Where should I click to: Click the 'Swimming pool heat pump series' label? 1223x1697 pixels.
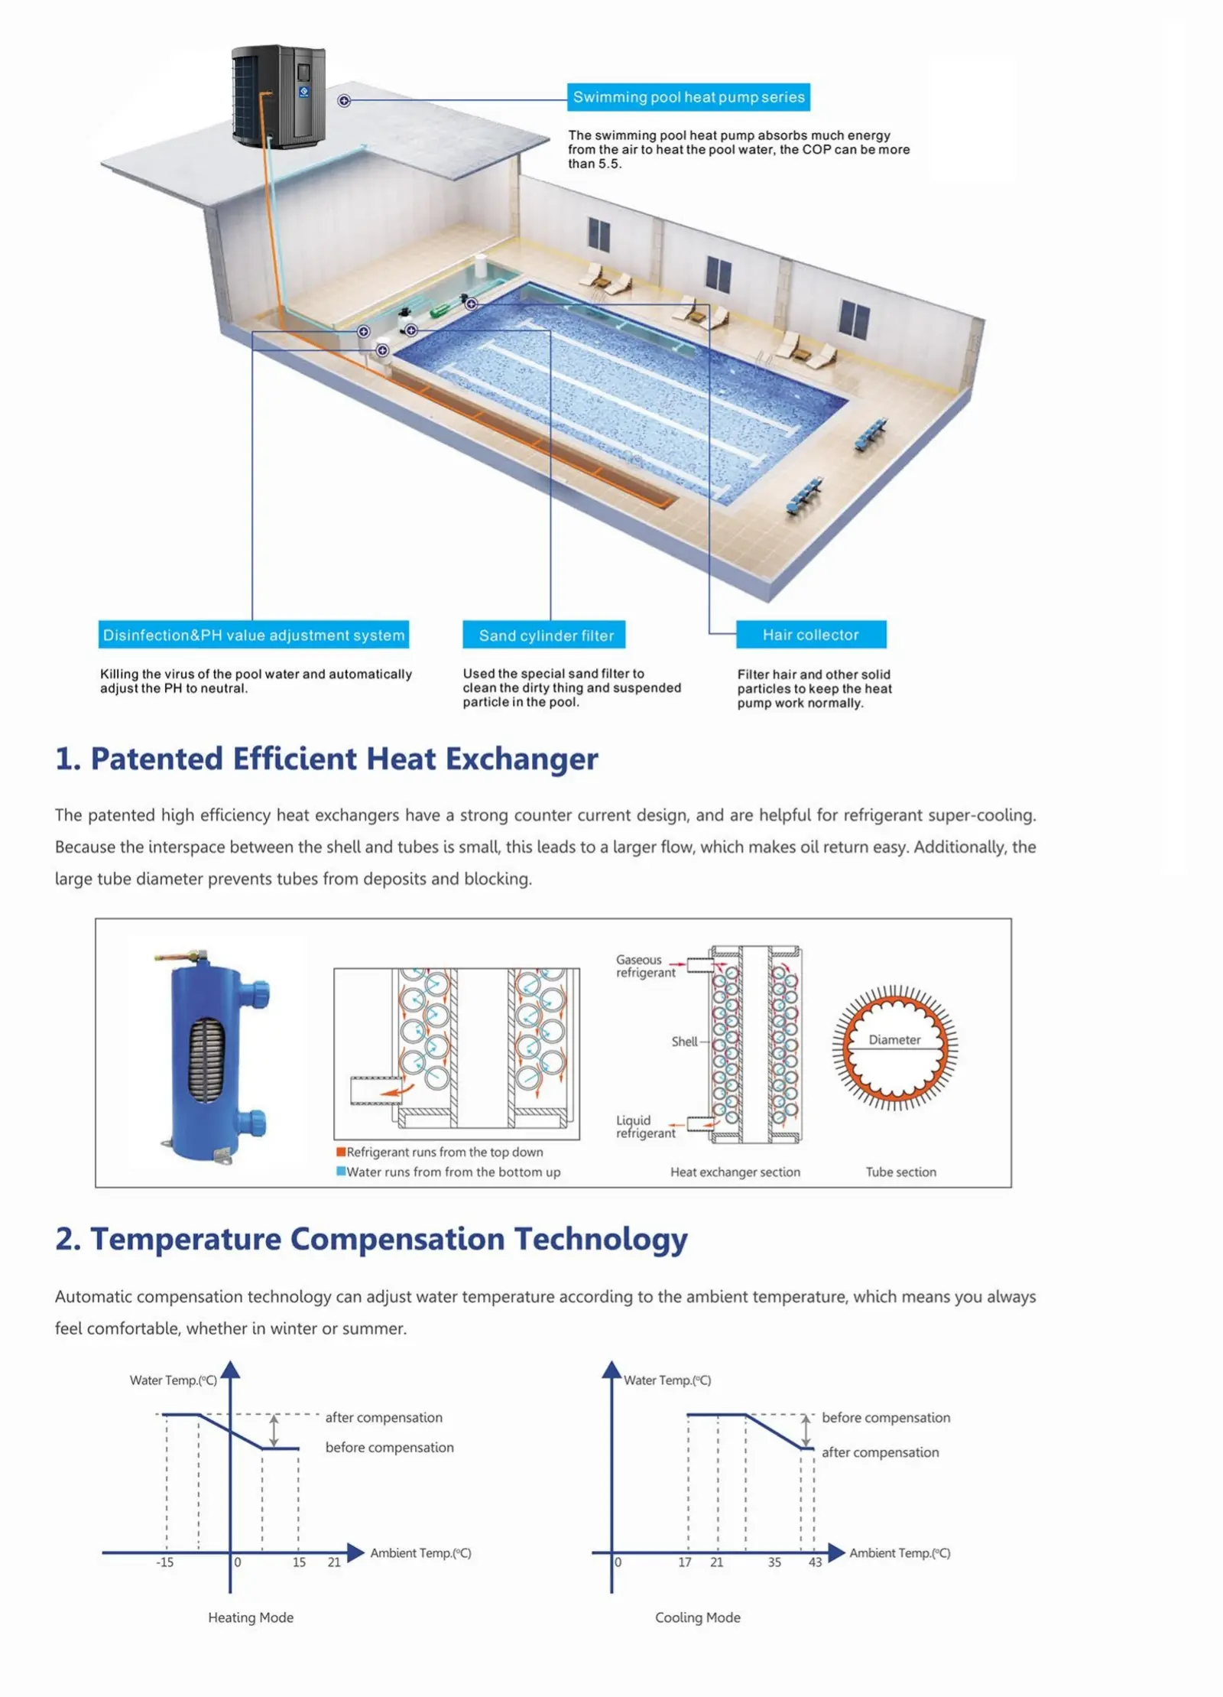click(x=688, y=97)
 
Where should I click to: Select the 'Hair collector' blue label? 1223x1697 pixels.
click(x=811, y=635)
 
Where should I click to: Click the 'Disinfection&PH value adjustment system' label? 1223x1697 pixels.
click(x=254, y=635)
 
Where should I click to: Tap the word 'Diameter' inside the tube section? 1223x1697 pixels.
click(x=894, y=1040)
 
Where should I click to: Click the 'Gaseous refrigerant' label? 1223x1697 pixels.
click(x=646, y=966)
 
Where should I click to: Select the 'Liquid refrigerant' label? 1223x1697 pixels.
click(x=646, y=1126)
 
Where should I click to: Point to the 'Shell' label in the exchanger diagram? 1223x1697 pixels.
click(x=684, y=1042)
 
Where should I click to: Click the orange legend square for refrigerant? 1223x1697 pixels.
click(x=341, y=1152)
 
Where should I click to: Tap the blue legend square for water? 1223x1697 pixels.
click(x=341, y=1172)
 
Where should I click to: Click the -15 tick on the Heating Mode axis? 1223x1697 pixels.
click(x=165, y=1562)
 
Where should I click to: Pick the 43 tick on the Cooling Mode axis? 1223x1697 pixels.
click(x=816, y=1562)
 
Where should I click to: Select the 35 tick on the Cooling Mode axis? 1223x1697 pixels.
click(x=774, y=1562)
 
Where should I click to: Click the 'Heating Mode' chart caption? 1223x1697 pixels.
click(x=251, y=1617)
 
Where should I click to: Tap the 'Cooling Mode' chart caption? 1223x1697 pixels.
click(x=698, y=1617)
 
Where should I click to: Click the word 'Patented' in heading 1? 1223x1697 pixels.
click(x=157, y=759)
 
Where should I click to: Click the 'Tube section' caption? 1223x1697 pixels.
click(x=900, y=1172)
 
